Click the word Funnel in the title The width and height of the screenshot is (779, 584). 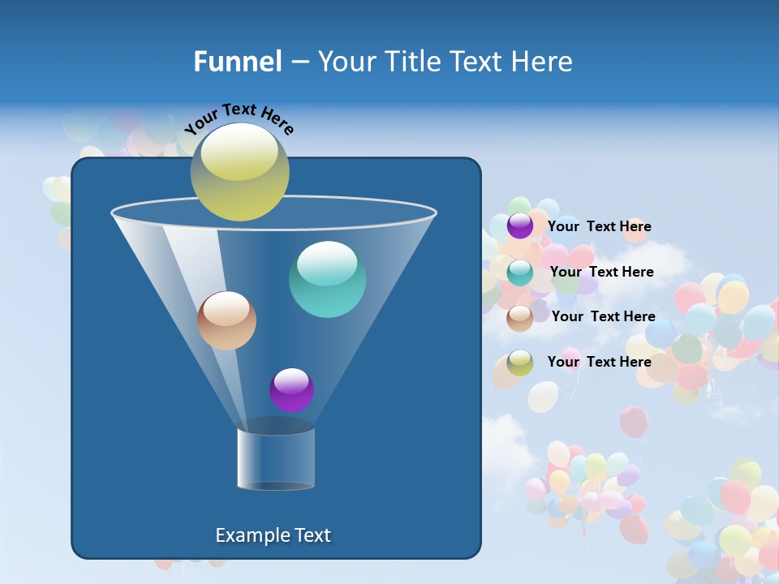[x=237, y=62]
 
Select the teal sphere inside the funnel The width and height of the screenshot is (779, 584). [x=327, y=280]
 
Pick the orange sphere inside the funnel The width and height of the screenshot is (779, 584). [x=226, y=321]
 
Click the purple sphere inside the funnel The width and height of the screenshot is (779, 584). [x=291, y=390]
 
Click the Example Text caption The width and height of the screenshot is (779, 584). [x=273, y=535]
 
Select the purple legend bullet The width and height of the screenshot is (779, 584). [x=520, y=226]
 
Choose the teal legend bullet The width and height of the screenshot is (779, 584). [x=520, y=273]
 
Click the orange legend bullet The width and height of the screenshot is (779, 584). [x=520, y=317]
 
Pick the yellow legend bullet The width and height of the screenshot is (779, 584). [x=520, y=363]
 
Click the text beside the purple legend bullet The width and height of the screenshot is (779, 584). [x=599, y=226]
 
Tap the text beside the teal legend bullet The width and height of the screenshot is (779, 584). [x=601, y=272]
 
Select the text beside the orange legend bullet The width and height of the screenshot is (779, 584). [x=603, y=316]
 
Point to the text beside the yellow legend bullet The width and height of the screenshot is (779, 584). [x=599, y=362]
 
